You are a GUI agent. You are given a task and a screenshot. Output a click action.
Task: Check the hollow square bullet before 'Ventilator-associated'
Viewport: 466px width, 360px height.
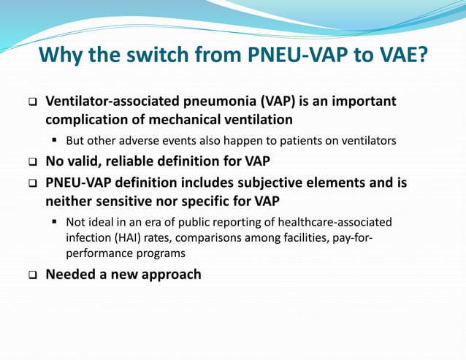[x=32, y=102]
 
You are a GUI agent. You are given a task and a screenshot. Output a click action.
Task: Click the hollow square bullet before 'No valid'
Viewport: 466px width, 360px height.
[x=32, y=161]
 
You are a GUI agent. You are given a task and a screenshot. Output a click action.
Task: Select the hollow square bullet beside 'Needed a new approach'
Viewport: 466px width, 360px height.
[x=32, y=275]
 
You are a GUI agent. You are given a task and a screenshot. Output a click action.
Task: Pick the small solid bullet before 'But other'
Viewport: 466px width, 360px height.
[x=55, y=139]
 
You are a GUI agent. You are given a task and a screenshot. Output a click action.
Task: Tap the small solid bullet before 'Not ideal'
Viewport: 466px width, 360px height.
[x=55, y=221]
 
